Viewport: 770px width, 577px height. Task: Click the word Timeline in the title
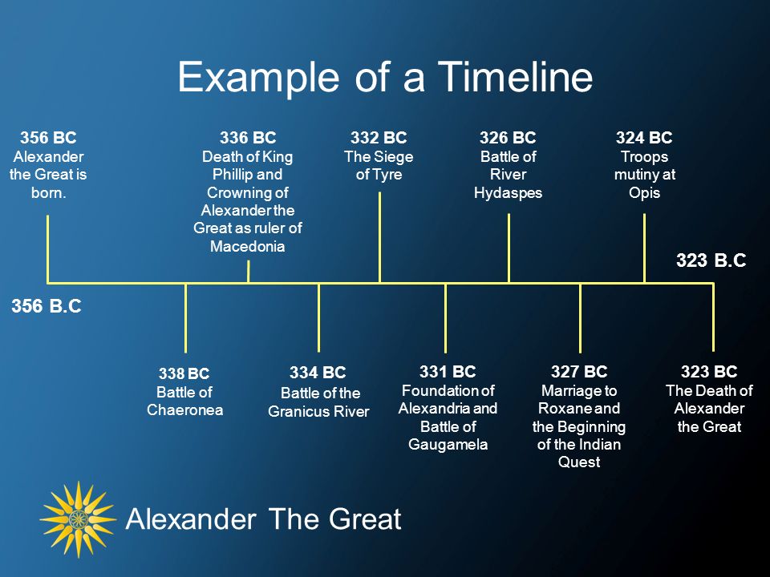(x=515, y=77)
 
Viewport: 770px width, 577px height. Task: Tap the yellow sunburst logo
(x=78, y=519)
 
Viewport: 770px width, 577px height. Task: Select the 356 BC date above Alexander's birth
(x=48, y=137)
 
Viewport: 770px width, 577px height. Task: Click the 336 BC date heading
(x=248, y=137)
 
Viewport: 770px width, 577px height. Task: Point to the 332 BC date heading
(x=379, y=137)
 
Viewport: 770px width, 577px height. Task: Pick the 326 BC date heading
(x=508, y=137)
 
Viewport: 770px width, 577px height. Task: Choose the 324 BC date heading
(x=644, y=137)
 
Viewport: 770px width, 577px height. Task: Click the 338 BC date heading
(x=184, y=373)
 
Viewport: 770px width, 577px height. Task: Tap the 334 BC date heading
(x=318, y=373)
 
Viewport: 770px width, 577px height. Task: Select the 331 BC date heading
(x=448, y=371)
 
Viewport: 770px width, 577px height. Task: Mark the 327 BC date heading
(x=579, y=371)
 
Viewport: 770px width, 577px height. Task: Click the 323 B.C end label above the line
(x=711, y=260)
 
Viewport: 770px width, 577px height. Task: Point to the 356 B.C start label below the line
(x=47, y=305)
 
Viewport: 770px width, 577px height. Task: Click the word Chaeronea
(x=184, y=410)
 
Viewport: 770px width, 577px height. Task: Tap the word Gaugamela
(x=448, y=445)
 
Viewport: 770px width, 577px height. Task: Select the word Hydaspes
(x=508, y=193)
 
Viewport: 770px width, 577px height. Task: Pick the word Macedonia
(x=248, y=246)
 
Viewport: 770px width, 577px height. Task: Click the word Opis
(x=644, y=193)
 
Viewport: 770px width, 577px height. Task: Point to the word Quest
(x=579, y=462)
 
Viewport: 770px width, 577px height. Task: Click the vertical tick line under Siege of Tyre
(x=379, y=237)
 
